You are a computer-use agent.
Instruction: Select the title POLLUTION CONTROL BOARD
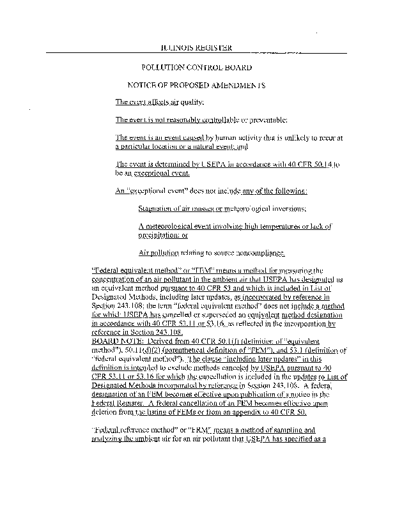[196, 67]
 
